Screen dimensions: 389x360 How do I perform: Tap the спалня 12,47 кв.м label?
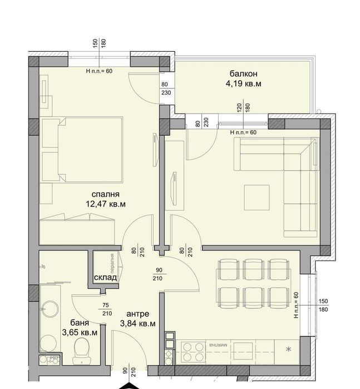(x=105, y=199)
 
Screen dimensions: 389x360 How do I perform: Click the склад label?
(x=105, y=277)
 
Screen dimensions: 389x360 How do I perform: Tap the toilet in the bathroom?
(x=81, y=350)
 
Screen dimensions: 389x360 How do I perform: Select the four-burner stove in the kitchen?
(x=191, y=350)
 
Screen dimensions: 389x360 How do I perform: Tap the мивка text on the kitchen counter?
(x=217, y=346)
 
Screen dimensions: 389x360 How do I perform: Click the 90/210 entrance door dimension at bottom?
(x=129, y=376)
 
